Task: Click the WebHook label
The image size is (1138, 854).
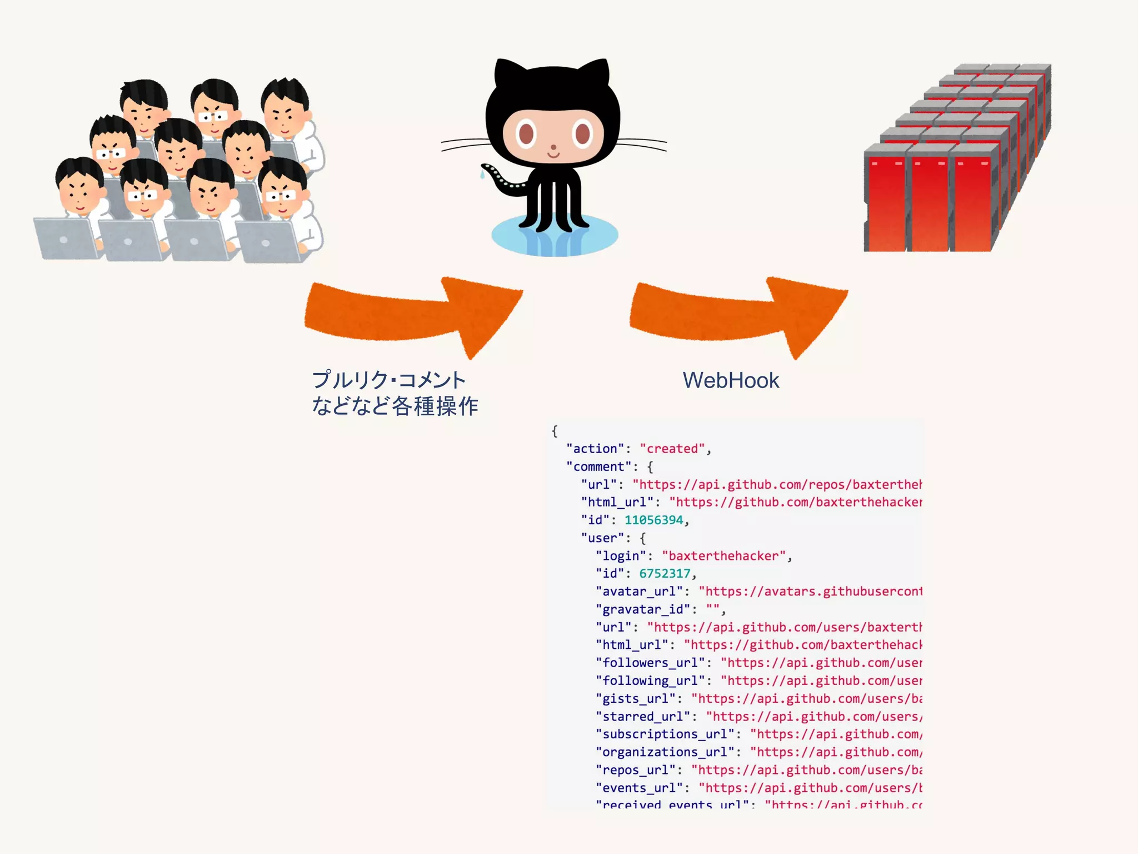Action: click(x=731, y=381)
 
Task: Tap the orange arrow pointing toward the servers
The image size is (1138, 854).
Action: click(x=739, y=314)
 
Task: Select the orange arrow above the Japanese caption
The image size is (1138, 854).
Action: click(x=414, y=314)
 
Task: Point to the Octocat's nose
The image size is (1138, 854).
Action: click(x=553, y=148)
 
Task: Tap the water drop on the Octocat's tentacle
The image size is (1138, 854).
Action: click(x=482, y=175)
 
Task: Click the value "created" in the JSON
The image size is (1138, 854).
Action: click(x=672, y=449)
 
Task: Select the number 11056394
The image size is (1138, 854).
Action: click(x=653, y=520)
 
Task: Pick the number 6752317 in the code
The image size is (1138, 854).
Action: click(x=665, y=573)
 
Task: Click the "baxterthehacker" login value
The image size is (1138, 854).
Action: click(x=723, y=555)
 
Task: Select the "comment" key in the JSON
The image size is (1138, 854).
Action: click(x=599, y=466)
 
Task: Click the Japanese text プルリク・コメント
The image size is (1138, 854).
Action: click(x=389, y=380)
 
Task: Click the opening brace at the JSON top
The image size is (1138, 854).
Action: click(x=554, y=431)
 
